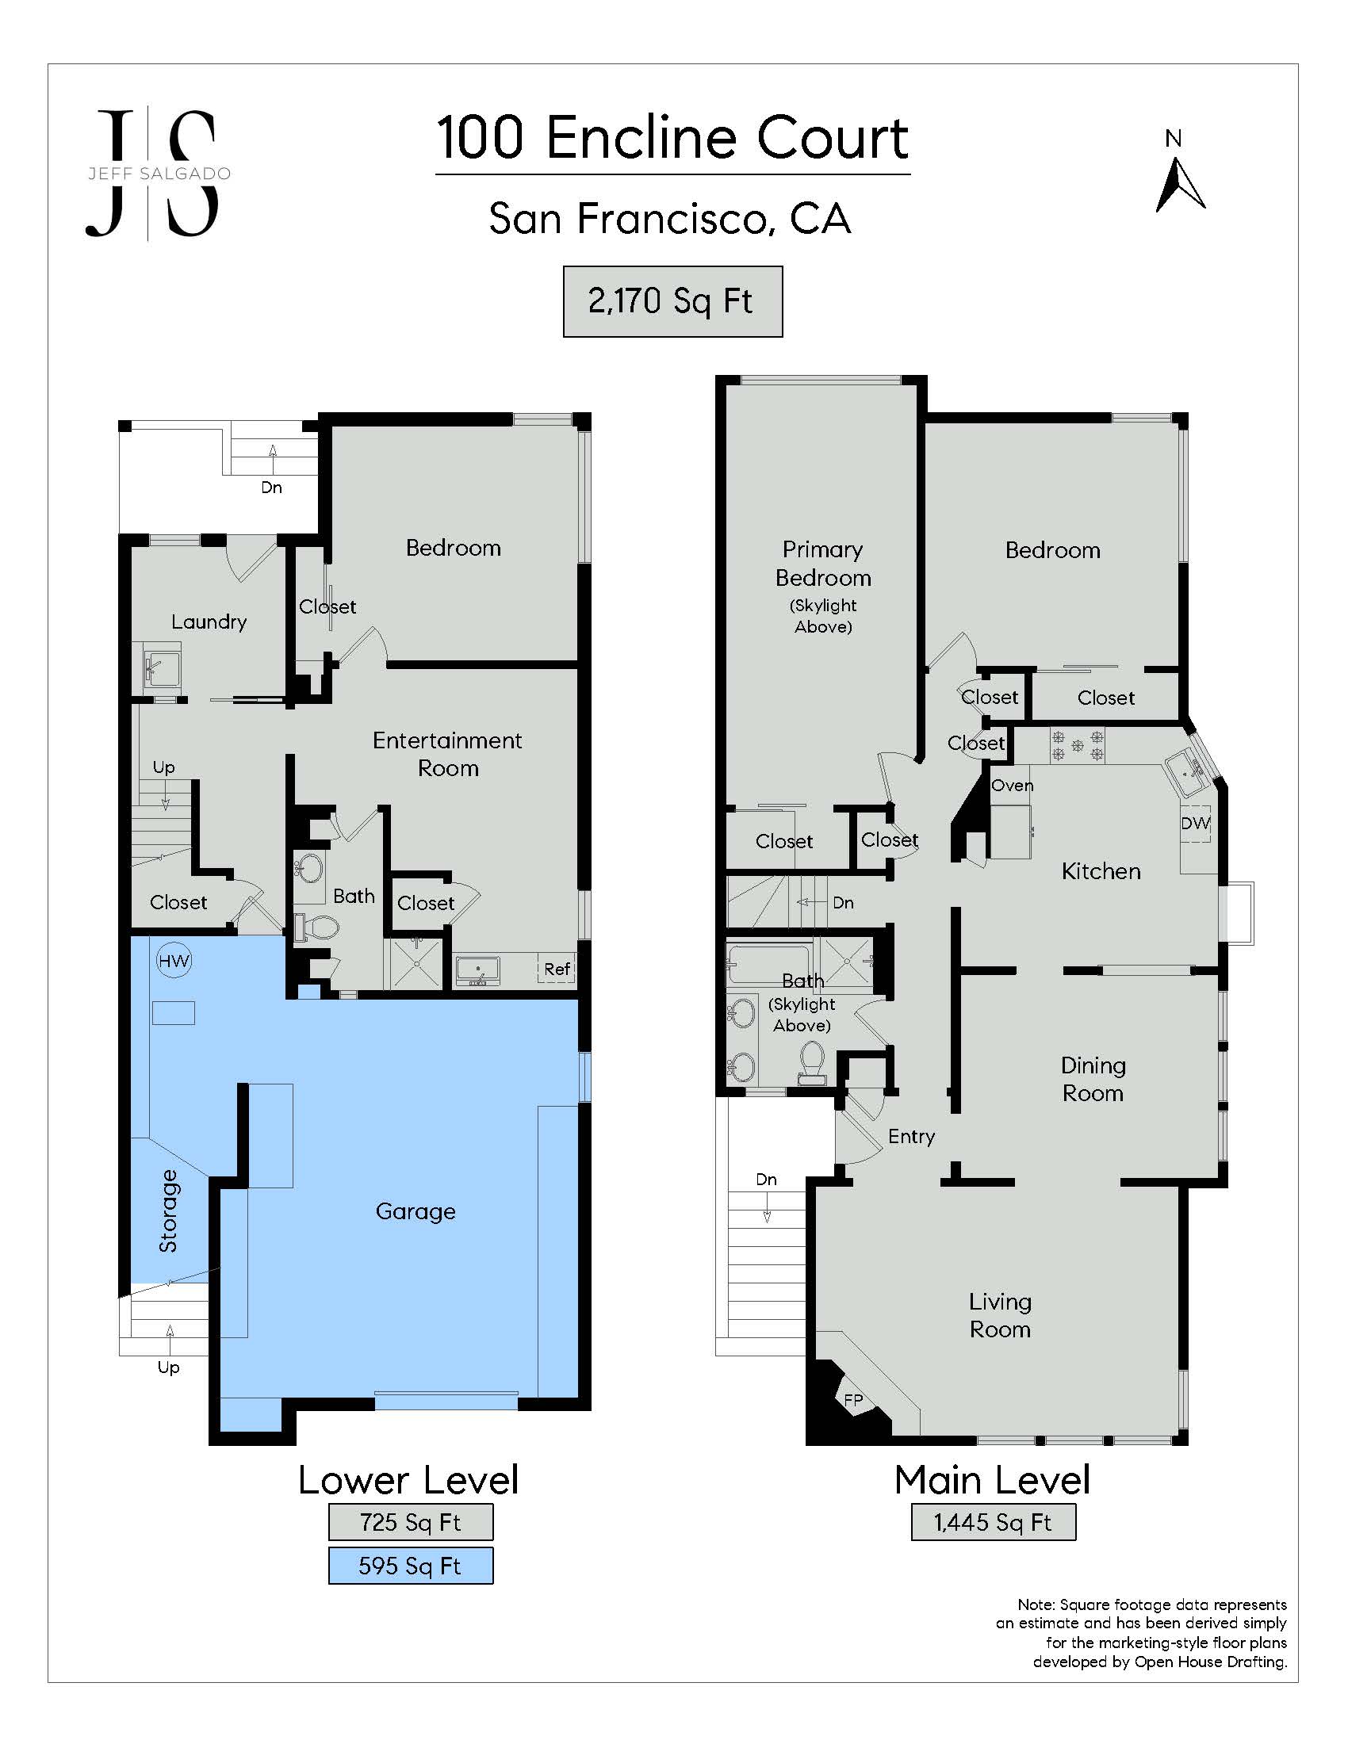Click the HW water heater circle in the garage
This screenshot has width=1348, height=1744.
[174, 961]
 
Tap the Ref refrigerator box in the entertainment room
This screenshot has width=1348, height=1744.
[557, 969]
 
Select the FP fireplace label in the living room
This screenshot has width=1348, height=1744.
[854, 1399]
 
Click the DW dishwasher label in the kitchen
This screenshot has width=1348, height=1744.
[1196, 824]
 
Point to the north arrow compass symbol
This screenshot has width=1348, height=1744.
[1180, 185]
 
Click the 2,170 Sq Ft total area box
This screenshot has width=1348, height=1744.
[672, 301]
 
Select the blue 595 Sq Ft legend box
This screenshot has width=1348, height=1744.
[411, 1565]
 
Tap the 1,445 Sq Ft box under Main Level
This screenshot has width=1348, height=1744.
[993, 1522]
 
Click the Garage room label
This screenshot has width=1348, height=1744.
[416, 1211]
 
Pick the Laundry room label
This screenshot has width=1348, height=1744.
[209, 622]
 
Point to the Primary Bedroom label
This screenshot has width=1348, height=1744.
[822, 564]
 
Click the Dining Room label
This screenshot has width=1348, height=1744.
[1093, 1079]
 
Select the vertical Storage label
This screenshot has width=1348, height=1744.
[167, 1210]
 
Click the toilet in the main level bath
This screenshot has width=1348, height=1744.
[811, 1064]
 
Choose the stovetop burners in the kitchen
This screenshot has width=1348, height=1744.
[1078, 746]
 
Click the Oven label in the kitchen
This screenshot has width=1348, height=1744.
[1013, 786]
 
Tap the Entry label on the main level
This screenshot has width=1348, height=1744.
[911, 1136]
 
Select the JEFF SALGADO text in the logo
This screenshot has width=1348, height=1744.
[159, 174]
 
